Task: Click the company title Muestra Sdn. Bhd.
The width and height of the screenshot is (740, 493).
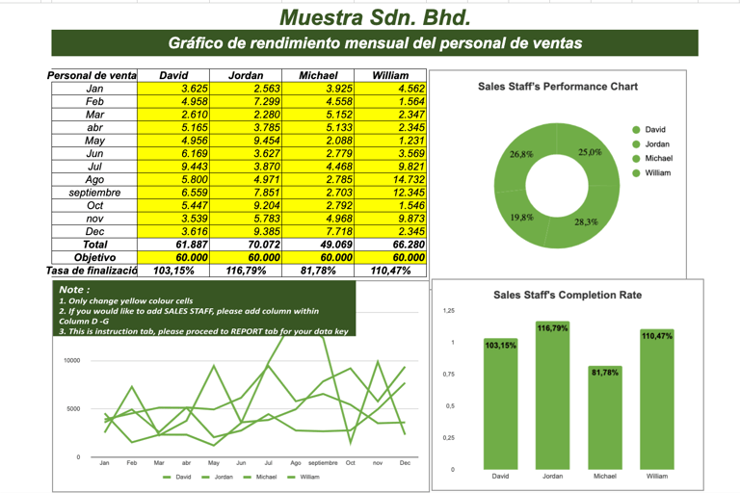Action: pyautogui.click(x=375, y=16)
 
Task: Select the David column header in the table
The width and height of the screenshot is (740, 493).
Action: pyautogui.click(x=173, y=75)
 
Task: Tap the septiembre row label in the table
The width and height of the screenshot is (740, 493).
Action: pyautogui.click(x=94, y=193)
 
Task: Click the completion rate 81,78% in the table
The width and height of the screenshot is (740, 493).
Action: pyautogui.click(x=318, y=271)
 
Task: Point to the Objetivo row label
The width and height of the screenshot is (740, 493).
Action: pyautogui.click(x=94, y=257)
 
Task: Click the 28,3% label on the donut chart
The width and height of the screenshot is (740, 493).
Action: pyautogui.click(x=586, y=221)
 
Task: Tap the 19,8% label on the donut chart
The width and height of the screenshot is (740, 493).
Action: pyautogui.click(x=521, y=218)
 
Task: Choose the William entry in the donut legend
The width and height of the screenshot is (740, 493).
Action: pyautogui.click(x=658, y=172)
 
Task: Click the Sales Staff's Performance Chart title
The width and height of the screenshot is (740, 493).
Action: pyautogui.click(x=558, y=87)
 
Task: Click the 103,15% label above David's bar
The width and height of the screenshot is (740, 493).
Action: pyautogui.click(x=500, y=345)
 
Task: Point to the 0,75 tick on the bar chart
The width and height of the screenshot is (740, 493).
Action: pyautogui.click(x=448, y=375)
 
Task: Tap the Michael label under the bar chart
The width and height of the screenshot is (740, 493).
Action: pyautogui.click(x=604, y=476)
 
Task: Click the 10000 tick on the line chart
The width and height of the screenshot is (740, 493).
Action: pyautogui.click(x=71, y=361)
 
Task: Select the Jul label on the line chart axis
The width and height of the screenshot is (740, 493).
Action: pyautogui.click(x=268, y=463)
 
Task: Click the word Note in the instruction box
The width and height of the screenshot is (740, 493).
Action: pyautogui.click(x=73, y=289)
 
